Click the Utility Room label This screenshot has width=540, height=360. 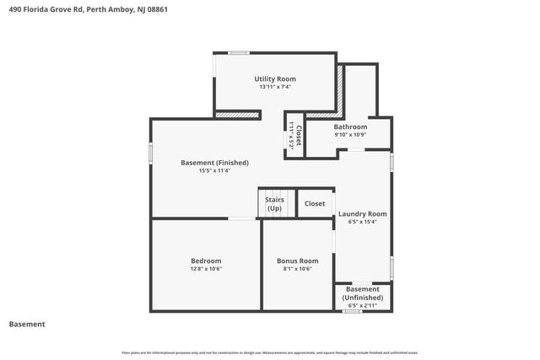[x=275, y=78]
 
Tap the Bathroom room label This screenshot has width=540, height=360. [x=350, y=126]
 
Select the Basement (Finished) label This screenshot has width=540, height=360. [x=214, y=162]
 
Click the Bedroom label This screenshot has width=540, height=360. [x=206, y=261]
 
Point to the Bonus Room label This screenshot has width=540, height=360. [x=298, y=261]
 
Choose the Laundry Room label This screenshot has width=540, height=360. [x=363, y=213]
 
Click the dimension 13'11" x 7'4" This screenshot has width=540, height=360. [x=275, y=87]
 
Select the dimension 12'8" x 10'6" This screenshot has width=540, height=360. [x=206, y=269]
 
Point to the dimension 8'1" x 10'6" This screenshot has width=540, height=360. [x=298, y=269]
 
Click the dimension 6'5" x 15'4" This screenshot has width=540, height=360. [x=363, y=222]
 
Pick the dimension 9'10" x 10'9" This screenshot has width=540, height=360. [x=350, y=135]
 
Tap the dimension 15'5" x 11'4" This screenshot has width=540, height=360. [x=214, y=170]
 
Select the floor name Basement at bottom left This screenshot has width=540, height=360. [x=27, y=324]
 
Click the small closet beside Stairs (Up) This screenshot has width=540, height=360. [x=315, y=203]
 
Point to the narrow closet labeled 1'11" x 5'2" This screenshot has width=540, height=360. [x=294, y=136]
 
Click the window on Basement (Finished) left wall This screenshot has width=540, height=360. [x=151, y=153]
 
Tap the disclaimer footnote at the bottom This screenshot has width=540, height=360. [x=270, y=352]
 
